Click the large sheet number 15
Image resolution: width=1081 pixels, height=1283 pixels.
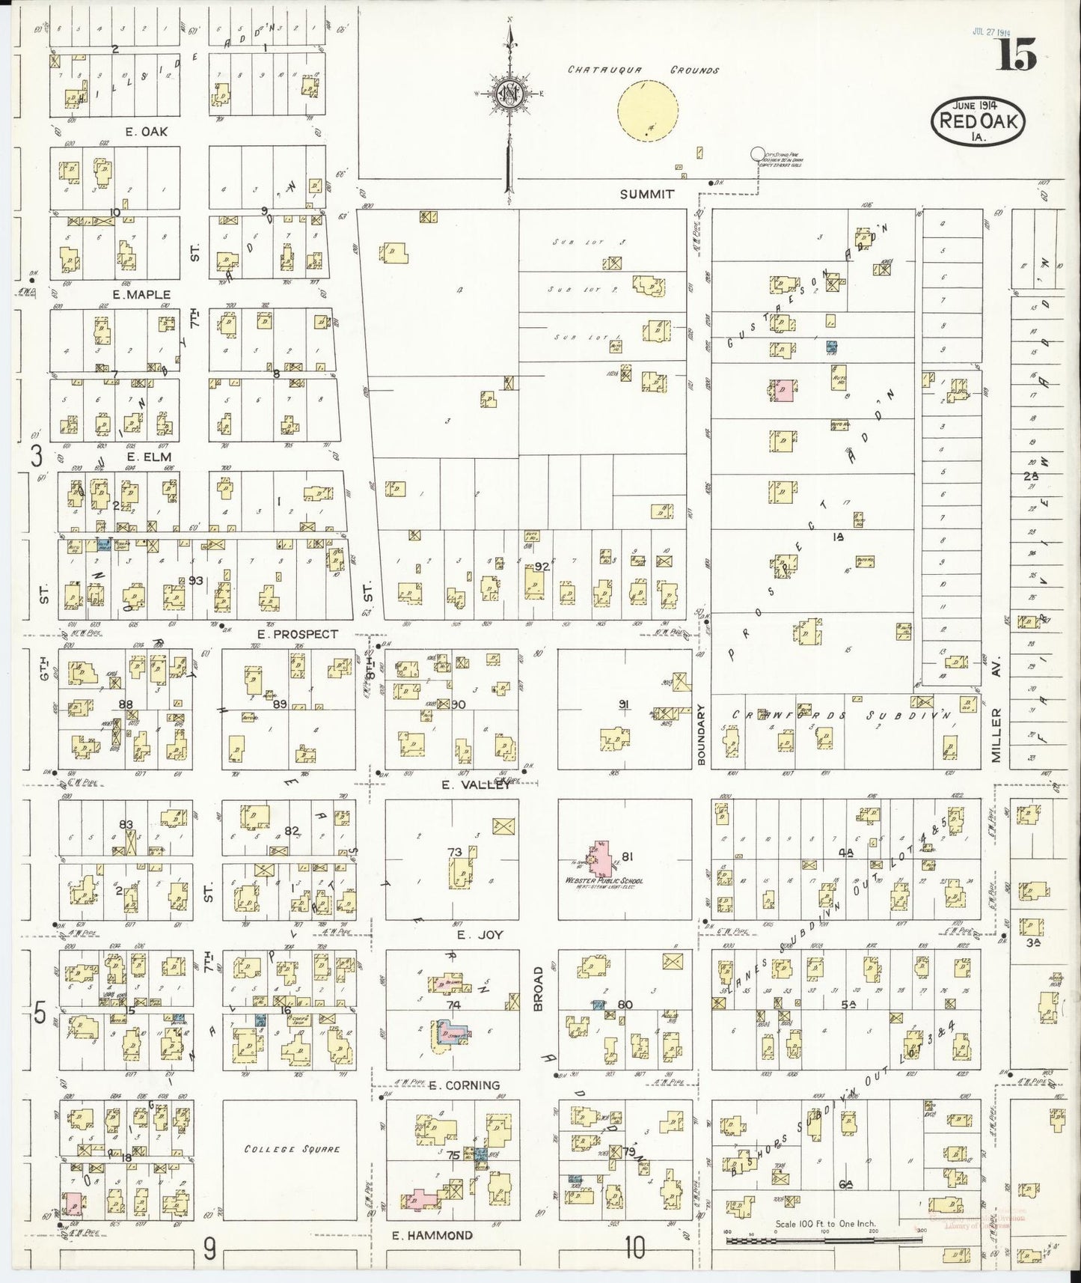click(x=1015, y=54)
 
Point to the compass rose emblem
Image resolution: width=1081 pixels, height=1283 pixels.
click(x=509, y=94)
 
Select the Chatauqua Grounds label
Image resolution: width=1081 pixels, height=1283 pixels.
click(x=643, y=70)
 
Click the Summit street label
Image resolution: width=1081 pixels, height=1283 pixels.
click(x=647, y=194)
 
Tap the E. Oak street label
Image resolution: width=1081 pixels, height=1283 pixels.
click(x=147, y=132)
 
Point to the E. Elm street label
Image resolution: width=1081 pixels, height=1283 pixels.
click(x=149, y=457)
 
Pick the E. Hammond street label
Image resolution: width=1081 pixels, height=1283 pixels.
click(x=432, y=1235)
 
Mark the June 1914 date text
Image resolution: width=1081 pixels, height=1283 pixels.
click(x=977, y=104)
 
